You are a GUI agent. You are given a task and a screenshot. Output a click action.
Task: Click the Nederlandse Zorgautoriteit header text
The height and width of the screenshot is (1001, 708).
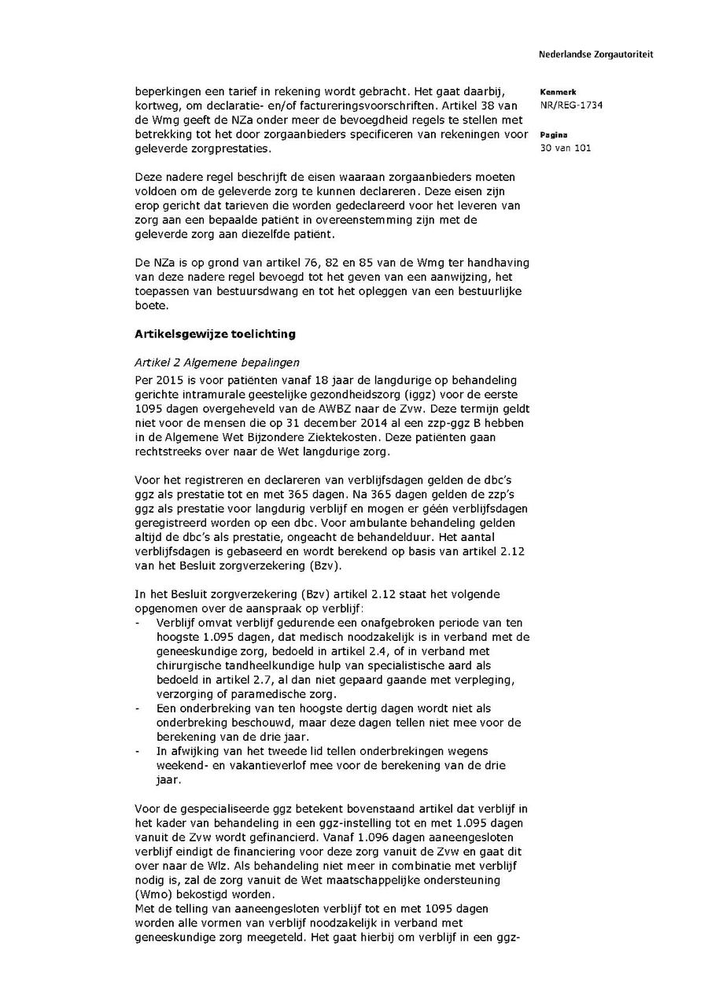click(596, 54)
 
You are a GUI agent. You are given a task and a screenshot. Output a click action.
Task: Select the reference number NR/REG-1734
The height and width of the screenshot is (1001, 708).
click(571, 105)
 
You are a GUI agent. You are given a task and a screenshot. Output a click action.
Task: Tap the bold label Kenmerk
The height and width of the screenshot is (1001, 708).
click(558, 92)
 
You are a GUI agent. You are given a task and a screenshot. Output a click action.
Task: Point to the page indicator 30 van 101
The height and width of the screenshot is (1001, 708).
click(566, 148)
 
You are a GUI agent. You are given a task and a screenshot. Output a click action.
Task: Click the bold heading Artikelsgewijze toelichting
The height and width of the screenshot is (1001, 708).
click(215, 333)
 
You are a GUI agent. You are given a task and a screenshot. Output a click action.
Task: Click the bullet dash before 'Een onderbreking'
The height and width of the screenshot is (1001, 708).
click(138, 708)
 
